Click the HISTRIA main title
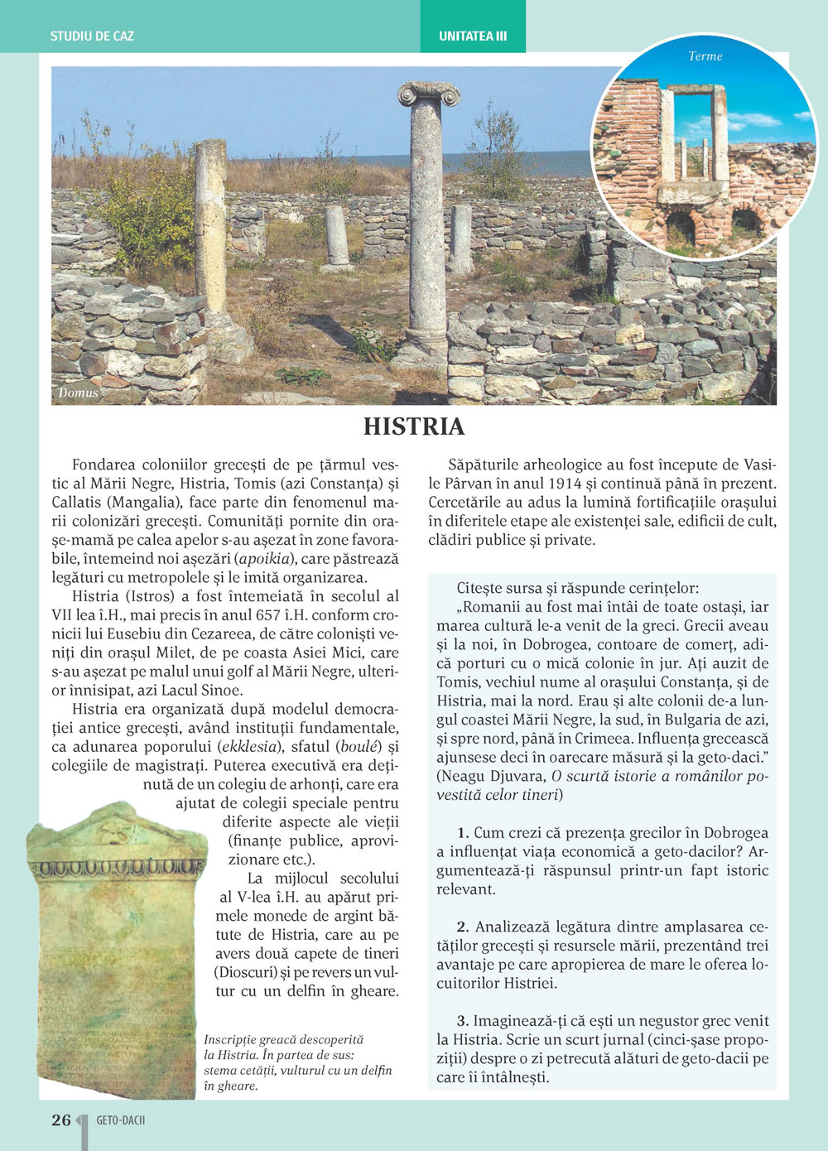click(414, 427)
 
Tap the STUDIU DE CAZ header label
click(92, 36)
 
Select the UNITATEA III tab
click(473, 36)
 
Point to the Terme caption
click(705, 56)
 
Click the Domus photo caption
click(79, 393)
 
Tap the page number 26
click(61, 1120)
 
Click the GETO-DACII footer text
click(121, 1120)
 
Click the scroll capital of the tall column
click(428, 94)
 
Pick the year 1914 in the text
click(566, 484)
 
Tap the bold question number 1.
click(463, 833)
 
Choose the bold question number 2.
click(463, 927)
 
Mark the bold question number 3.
click(463, 1021)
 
